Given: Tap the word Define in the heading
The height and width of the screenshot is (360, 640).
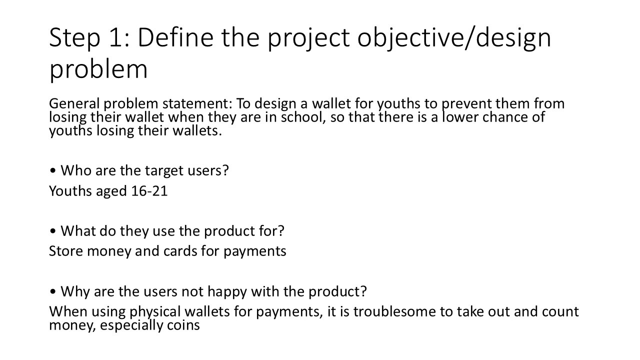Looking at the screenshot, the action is tap(175, 37).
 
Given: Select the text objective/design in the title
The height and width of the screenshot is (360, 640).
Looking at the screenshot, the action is tap(454, 38).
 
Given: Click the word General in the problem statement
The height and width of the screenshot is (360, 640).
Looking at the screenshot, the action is tap(74, 103).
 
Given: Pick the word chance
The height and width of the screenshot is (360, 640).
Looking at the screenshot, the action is tap(505, 117).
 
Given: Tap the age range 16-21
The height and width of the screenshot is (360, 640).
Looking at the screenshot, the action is tap(149, 191).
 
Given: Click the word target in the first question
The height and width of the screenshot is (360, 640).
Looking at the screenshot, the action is tap(164, 171).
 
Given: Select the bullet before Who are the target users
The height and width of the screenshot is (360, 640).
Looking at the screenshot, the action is tap(52, 170).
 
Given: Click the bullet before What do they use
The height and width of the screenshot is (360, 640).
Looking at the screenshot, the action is tap(52, 231).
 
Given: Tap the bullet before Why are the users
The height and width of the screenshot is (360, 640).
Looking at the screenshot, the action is tap(52, 291).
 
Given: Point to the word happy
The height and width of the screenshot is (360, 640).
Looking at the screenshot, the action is tap(227, 292).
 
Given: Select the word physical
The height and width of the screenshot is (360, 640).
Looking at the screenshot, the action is tap(155, 312).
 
